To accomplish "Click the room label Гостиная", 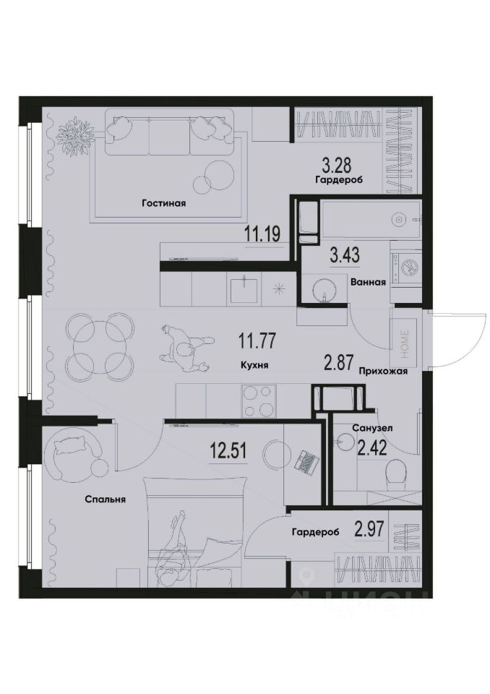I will pos(164,203).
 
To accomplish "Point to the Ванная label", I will pos(367,283).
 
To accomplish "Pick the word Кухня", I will pos(254,366).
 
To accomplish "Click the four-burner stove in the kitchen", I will pos(259,401).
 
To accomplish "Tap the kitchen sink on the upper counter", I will pos(244,290).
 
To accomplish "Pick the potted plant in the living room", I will pos(75,133).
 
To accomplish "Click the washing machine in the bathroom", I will pos(406,265).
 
